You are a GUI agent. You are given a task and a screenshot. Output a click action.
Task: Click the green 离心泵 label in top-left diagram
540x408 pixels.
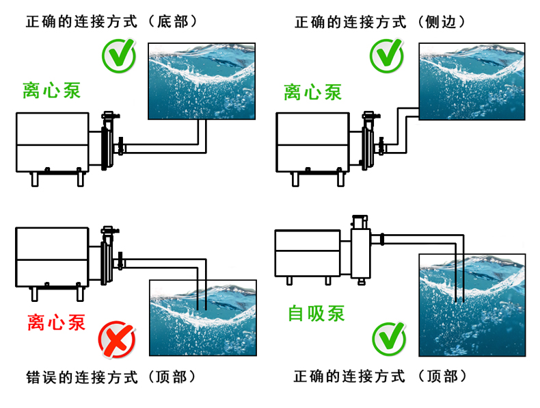(51, 91)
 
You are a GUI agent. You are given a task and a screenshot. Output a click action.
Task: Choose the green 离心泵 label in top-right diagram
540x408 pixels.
(313, 92)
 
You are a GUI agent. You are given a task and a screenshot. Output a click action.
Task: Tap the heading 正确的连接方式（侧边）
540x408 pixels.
(380, 21)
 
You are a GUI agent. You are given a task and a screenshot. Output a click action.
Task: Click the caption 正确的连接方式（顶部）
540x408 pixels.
(380, 377)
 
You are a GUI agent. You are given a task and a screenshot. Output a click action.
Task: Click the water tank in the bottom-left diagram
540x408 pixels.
(202, 318)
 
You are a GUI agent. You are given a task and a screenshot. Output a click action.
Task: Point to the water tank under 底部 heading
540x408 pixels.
(202, 81)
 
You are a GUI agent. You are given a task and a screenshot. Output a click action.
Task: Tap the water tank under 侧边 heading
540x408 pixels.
(472, 81)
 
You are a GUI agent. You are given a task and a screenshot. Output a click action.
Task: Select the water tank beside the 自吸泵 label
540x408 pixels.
(472, 305)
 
